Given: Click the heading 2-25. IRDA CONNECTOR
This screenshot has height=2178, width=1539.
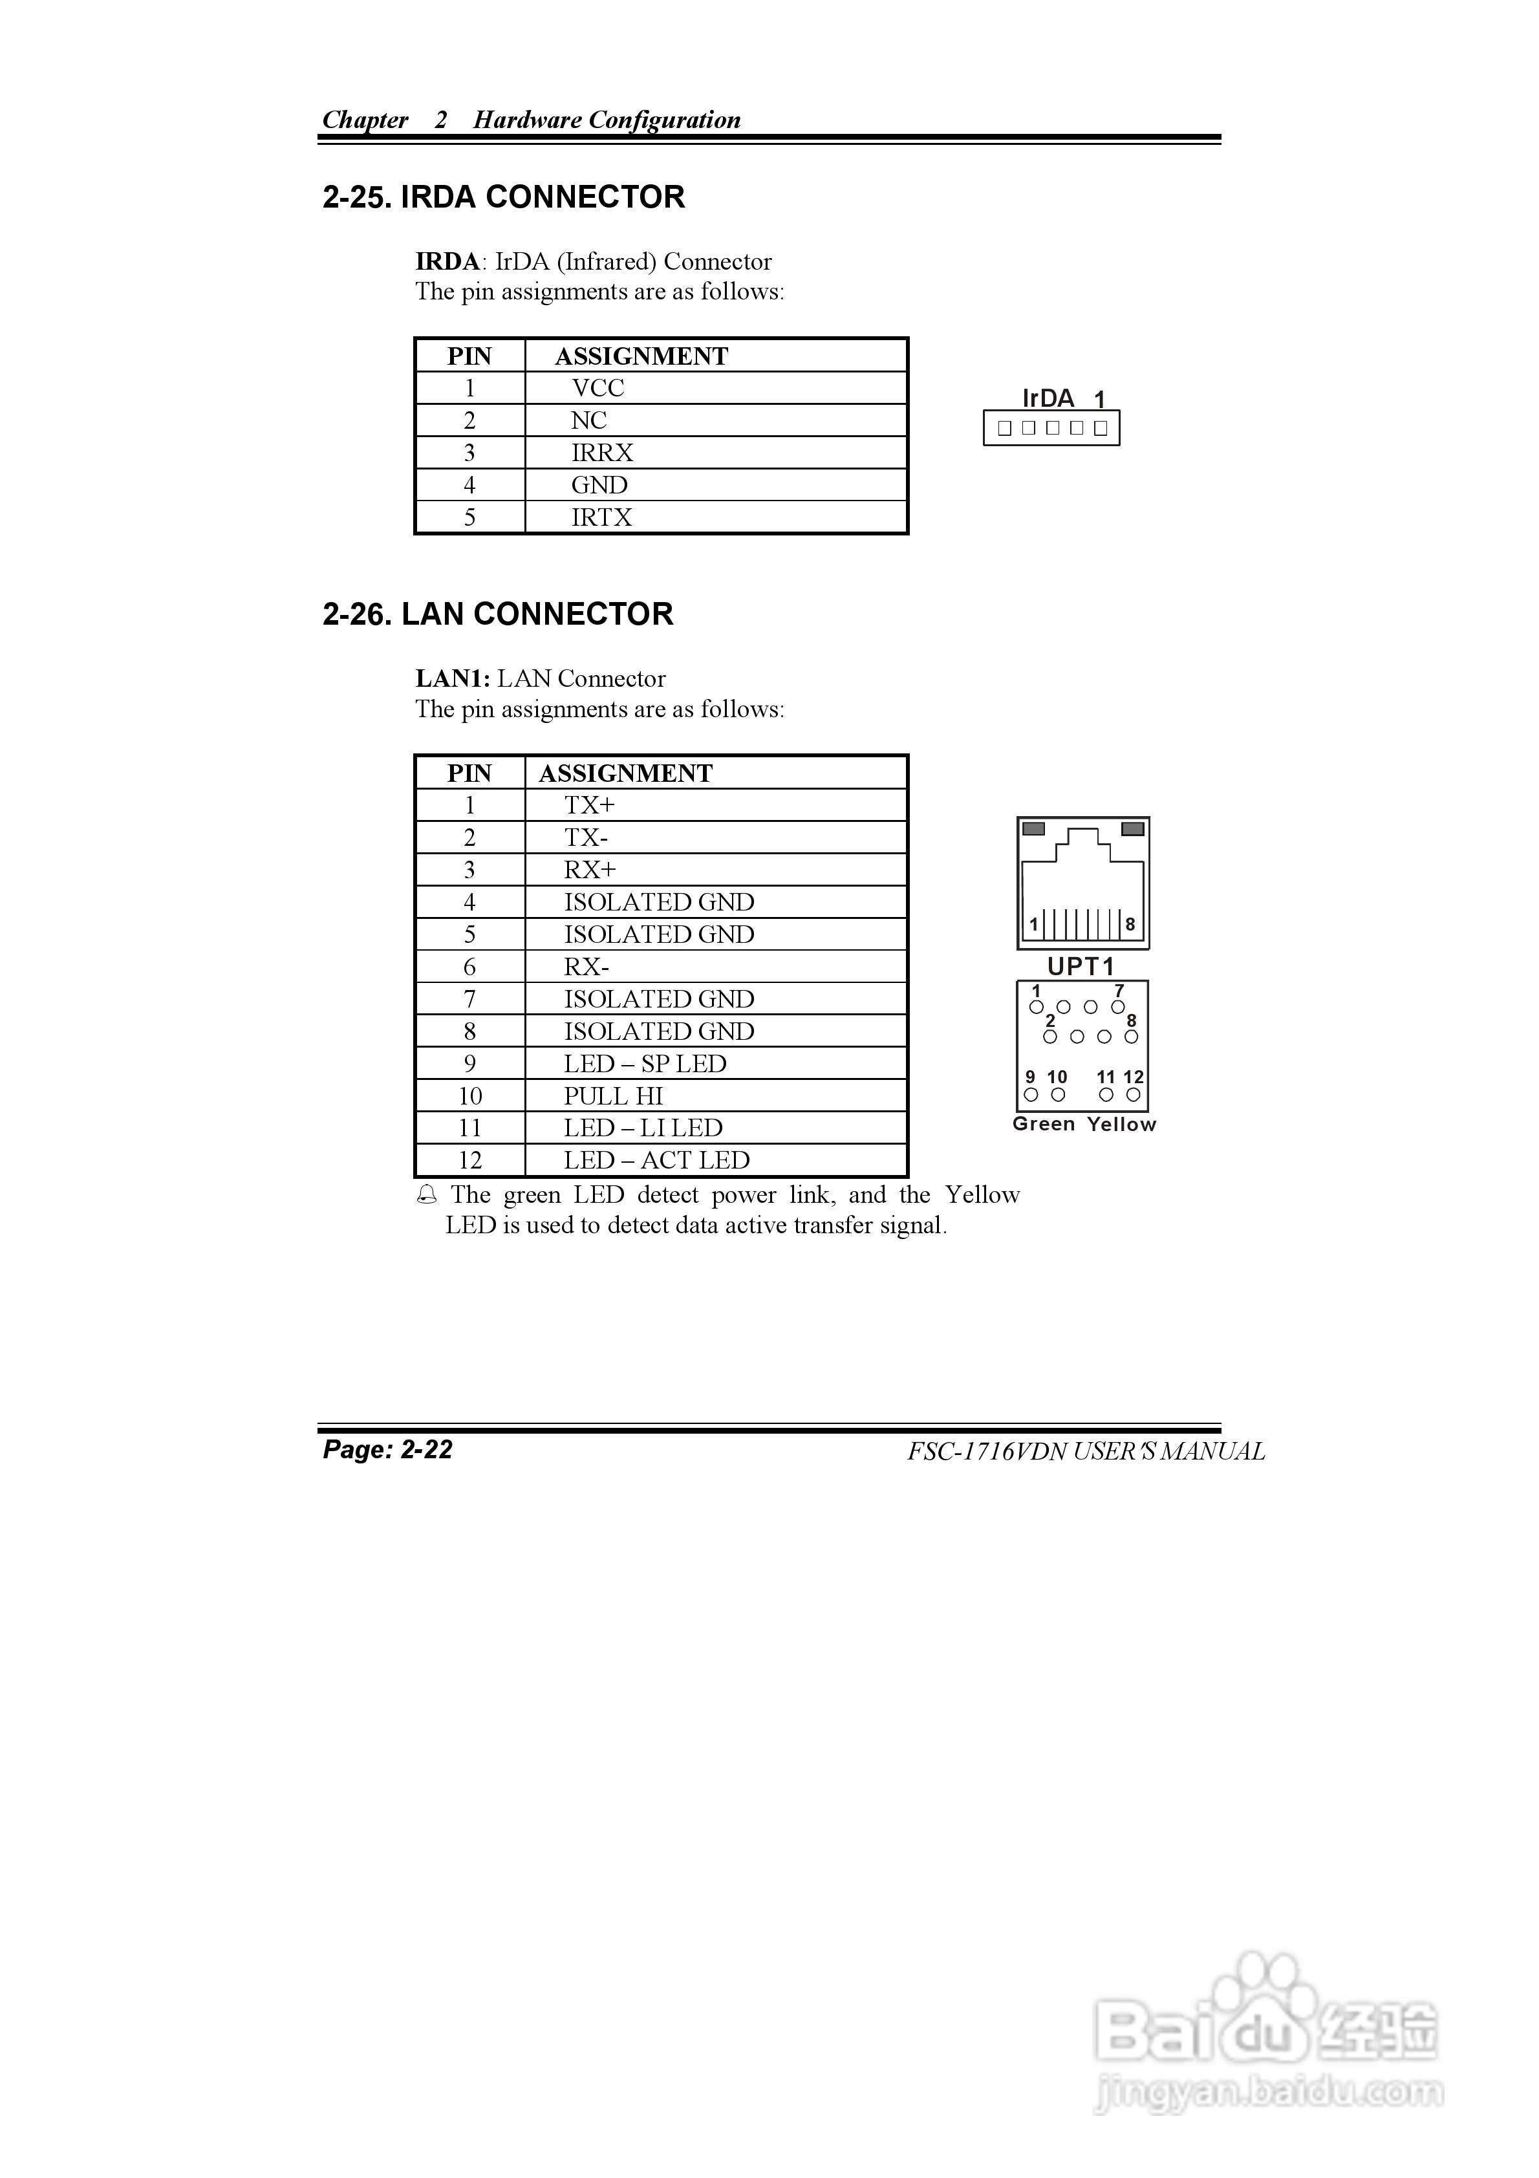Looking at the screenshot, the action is click(x=503, y=197).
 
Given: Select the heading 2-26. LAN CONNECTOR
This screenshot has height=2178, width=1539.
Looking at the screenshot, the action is click(x=497, y=615).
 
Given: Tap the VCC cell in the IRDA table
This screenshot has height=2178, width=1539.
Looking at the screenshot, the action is click(x=597, y=388).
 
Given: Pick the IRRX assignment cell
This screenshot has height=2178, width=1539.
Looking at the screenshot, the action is click(x=601, y=453).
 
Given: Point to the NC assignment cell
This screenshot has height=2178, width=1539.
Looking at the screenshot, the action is click(x=588, y=420).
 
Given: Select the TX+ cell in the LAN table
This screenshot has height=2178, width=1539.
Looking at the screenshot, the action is click(x=589, y=805).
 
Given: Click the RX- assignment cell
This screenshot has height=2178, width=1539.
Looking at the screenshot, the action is click(x=587, y=967).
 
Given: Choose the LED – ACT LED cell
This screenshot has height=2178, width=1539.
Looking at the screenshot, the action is click(x=656, y=1160).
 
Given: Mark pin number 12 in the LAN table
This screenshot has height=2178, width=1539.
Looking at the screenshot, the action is click(x=469, y=1160).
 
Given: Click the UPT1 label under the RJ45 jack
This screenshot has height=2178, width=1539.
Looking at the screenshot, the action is click(x=1080, y=967).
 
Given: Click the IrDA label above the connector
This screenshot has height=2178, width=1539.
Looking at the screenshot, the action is click(x=1048, y=398).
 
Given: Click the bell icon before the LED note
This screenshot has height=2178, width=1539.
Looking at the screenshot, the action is click(x=427, y=1195).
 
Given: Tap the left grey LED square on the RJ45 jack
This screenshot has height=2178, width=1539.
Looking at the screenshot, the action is click(x=1034, y=829).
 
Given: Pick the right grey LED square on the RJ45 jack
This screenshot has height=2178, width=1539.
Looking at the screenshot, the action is click(x=1132, y=829).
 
